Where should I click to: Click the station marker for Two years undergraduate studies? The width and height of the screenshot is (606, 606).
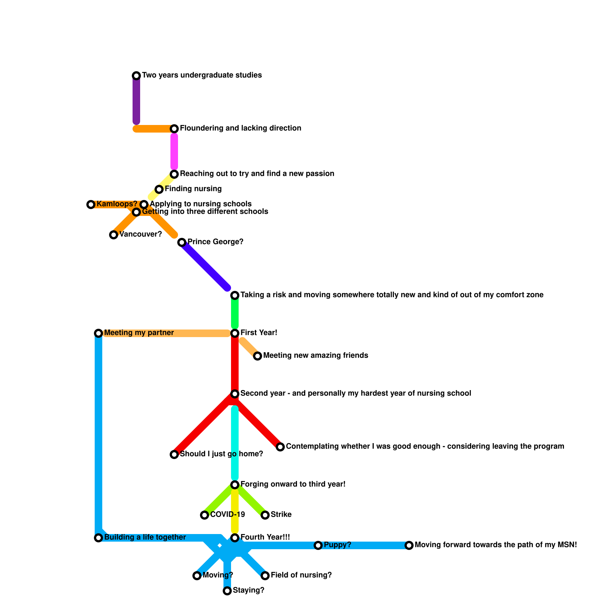pos(136,76)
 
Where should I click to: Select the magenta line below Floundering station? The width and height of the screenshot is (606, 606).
pos(174,151)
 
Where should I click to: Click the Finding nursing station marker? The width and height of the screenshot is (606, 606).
pos(159,189)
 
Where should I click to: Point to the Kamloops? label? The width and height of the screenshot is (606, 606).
pos(117,204)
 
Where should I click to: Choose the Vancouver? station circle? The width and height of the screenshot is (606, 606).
pos(114,235)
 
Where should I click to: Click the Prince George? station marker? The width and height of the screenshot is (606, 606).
pos(182,242)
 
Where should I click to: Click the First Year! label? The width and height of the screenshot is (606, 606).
pos(259,333)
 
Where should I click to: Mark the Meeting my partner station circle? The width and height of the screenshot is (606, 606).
pos(98,333)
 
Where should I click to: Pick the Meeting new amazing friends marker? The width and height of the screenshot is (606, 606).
pos(258,356)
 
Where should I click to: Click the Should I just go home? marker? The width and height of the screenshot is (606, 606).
pos(174,454)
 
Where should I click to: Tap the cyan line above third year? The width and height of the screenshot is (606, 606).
pos(235,443)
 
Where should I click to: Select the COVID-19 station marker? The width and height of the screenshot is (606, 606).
pos(205,515)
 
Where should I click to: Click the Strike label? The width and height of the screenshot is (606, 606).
pos(281,515)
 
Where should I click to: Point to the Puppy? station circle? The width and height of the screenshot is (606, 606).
pos(318,545)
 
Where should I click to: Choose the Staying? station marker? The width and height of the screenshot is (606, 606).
pos(227,591)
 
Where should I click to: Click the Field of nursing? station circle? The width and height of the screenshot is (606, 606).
pos(265,576)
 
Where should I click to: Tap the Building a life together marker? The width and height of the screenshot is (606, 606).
pos(98,538)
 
